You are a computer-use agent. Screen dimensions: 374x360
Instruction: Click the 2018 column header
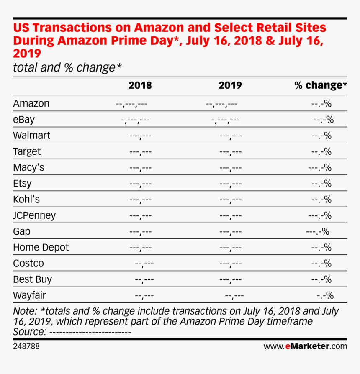[140, 85]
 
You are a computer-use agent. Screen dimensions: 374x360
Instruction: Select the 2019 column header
[230, 85]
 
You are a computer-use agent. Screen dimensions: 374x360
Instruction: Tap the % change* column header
[320, 85]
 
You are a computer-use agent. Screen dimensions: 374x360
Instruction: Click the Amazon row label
[31, 103]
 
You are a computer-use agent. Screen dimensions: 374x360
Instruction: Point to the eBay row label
[24, 120]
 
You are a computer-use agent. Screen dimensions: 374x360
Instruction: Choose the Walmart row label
[31, 136]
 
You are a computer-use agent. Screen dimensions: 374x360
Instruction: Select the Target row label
[27, 151]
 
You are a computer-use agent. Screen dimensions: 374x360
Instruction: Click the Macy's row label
[28, 167]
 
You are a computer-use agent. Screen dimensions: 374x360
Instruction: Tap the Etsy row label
[22, 183]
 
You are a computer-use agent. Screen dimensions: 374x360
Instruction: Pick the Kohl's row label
[26, 199]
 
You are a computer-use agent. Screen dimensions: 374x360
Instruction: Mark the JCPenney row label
[34, 215]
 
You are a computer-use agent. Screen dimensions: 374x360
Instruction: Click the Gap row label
[22, 231]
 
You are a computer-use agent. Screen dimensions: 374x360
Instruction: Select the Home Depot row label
[41, 247]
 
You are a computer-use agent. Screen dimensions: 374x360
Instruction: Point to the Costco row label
[28, 264]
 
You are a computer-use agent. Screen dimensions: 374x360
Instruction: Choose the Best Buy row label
[32, 279]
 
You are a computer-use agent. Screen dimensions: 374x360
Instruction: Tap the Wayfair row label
[29, 295]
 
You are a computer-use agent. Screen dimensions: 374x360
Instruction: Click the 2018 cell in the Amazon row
[131, 104]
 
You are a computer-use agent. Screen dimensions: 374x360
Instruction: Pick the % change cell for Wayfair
[324, 296]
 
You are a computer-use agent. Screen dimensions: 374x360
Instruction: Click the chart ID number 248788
[26, 346]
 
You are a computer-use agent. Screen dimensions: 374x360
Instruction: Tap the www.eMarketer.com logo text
[305, 346]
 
